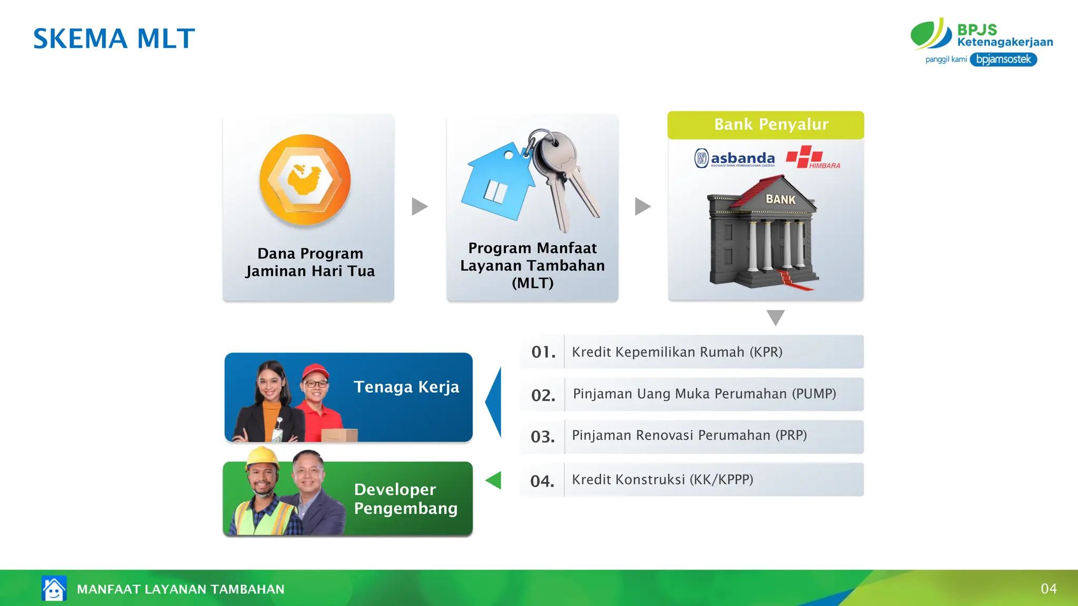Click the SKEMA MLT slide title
[114, 39]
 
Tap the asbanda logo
[735, 158]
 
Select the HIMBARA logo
[812, 158]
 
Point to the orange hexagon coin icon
[305, 180]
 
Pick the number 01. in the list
[543, 352]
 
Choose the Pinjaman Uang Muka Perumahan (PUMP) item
[704, 394]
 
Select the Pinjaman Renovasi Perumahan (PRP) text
[689, 436]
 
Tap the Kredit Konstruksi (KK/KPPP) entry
[662, 480]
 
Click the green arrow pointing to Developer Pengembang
[494, 480]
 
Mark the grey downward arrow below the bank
[775, 317]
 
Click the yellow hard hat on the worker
[262, 457]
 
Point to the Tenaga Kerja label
[406, 387]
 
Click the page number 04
[1049, 589]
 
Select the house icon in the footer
[54, 588]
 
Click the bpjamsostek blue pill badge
[1003, 59]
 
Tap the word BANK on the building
[780, 199]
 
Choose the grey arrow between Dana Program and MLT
[419, 206]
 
